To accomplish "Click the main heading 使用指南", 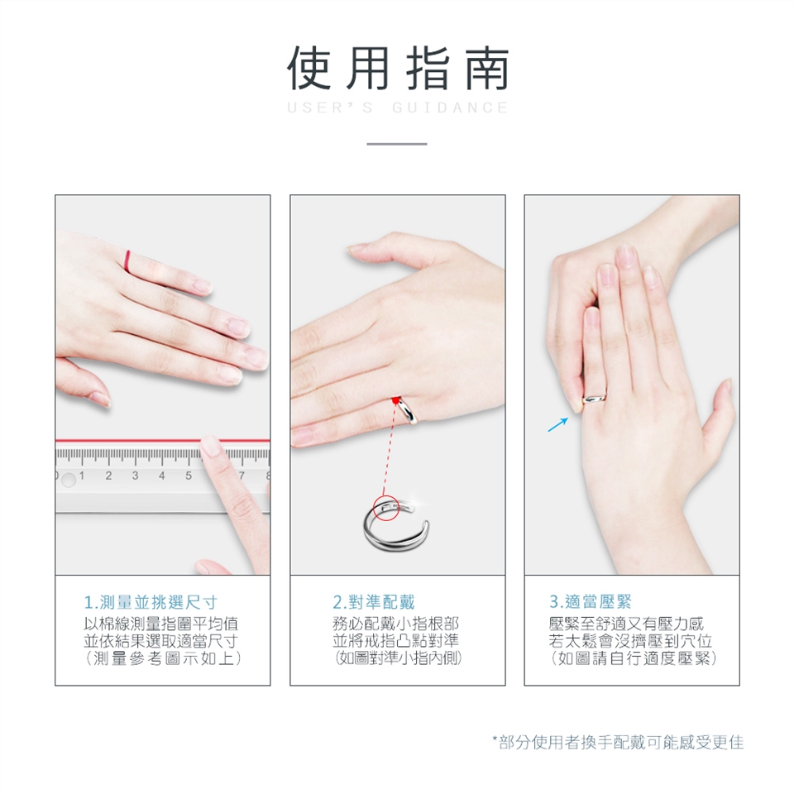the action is point(398,69).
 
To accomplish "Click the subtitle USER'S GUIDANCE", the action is point(398,108).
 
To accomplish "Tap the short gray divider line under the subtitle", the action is point(397,144).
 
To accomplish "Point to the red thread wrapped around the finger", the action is point(127,262).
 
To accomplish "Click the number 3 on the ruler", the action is point(135,476).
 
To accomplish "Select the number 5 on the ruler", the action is point(189,476).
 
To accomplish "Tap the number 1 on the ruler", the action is point(82,476).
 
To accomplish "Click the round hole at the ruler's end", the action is point(69,480).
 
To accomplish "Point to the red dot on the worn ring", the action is point(395,400).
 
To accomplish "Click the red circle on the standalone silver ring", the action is point(386,508).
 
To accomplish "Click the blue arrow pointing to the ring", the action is point(558,424).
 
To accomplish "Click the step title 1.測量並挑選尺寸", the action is point(151,602).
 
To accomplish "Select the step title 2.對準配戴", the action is point(374,602).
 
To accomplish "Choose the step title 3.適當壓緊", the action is point(591,601).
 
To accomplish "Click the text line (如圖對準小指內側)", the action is point(398,658).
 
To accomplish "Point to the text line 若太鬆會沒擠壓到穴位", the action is point(630,640).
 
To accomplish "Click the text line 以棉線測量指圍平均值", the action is point(160,624).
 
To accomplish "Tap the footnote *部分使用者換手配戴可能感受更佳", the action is point(619,743).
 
